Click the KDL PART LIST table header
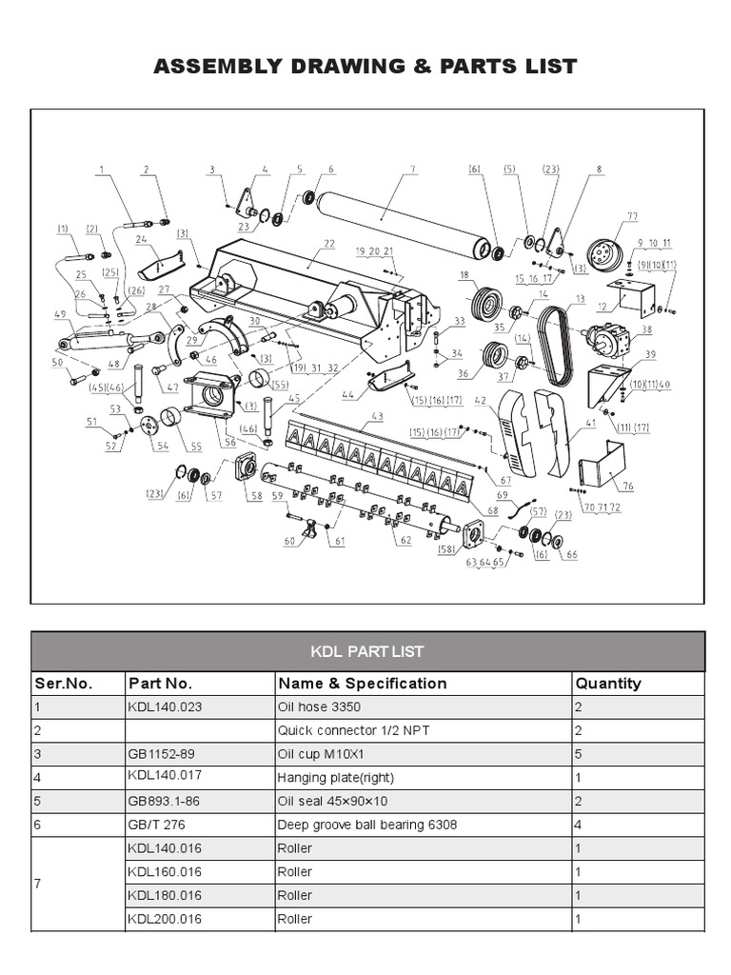367,652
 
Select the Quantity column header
608,683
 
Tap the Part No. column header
160,683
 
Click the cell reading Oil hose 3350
319,707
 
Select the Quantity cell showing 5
579,754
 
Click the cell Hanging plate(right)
335,777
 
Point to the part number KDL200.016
165,919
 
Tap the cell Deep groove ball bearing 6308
366,825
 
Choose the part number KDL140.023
165,707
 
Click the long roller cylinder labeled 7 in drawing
400,221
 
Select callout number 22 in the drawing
329,244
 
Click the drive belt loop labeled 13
553,348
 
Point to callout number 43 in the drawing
377,416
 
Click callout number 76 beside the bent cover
628,487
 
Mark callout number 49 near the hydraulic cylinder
59,314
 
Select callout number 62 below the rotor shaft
405,540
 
